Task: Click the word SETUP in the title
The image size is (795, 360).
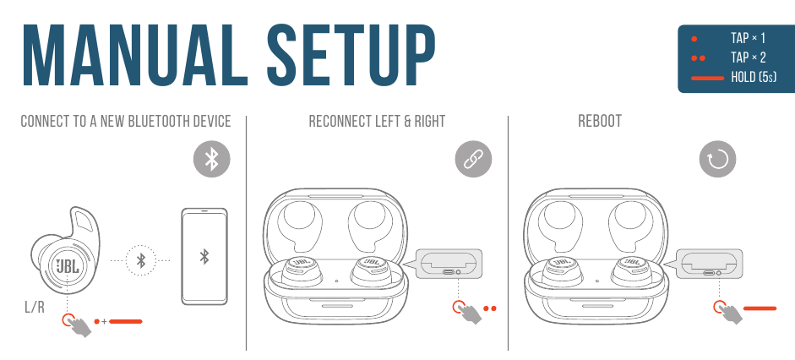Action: [x=351, y=55]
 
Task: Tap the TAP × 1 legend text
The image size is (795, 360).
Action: [x=748, y=38]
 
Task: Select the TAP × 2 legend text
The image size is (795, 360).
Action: [x=748, y=57]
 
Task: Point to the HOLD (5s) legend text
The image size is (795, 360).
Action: [x=754, y=78]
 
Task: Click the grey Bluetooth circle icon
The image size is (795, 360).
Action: [x=211, y=159]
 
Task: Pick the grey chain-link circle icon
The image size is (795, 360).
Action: [x=473, y=159]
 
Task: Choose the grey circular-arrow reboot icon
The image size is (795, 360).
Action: [x=717, y=160]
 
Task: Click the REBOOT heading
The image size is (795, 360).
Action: [x=600, y=121]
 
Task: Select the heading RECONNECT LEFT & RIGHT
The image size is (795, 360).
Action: [x=377, y=121]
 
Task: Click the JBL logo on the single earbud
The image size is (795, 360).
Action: [x=68, y=265]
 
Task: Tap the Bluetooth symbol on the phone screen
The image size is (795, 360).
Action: [x=204, y=257]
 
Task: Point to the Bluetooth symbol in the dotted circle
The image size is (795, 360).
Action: [x=142, y=260]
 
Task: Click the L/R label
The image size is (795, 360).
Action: [x=35, y=307]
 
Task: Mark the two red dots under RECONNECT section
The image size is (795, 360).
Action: [x=490, y=308]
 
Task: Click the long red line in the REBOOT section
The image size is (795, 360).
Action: [x=760, y=308]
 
